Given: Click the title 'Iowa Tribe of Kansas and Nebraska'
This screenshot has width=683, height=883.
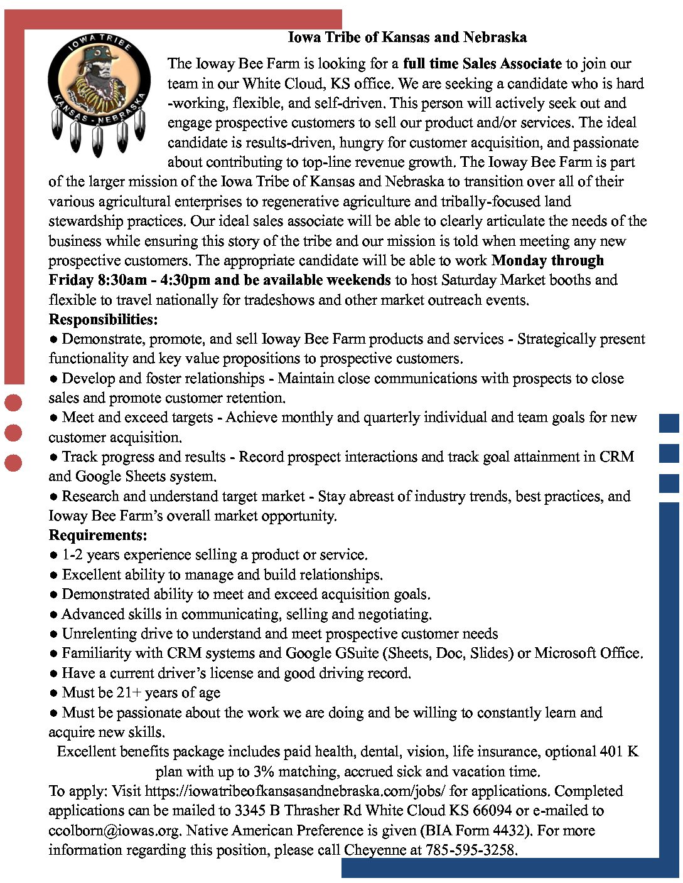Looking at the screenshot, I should click(x=407, y=38).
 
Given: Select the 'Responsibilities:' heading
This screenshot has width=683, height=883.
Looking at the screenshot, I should click(x=103, y=319).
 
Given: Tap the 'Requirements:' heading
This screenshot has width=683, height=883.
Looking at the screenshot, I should click(x=98, y=535).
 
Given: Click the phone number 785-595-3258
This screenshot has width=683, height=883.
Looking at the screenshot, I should click(x=471, y=850).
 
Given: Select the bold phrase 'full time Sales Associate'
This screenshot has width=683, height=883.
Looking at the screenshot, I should click(x=482, y=63).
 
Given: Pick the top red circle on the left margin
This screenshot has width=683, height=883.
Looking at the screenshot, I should click(x=13, y=403).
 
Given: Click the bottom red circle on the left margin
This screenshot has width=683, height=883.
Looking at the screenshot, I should click(x=13, y=463).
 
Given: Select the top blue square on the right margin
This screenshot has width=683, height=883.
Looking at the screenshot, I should click(x=669, y=423).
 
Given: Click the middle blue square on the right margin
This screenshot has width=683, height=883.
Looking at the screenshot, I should click(x=669, y=453).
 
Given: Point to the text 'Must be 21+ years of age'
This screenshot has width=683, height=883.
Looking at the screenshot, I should click(x=141, y=692).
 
